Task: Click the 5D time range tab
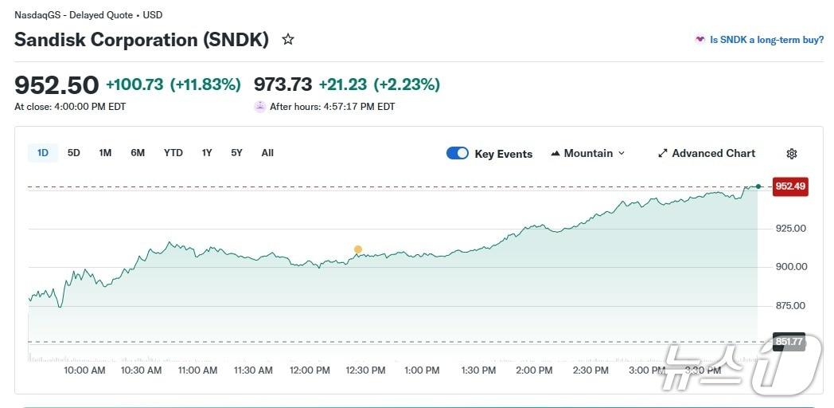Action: click(x=74, y=153)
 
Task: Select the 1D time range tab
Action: click(x=43, y=153)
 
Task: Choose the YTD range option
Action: click(x=173, y=153)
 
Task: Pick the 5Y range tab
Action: click(x=236, y=153)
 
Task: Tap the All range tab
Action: click(x=267, y=153)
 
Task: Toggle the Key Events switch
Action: click(x=458, y=154)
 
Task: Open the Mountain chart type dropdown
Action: click(x=588, y=154)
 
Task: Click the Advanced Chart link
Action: click(x=706, y=154)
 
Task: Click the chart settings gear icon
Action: click(x=791, y=154)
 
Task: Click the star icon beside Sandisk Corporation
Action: click(x=288, y=39)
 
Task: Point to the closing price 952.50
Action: click(x=57, y=84)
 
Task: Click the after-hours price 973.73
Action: click(x=283, y=84)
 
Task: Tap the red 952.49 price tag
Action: click(x=790, y=186)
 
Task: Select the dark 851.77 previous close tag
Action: click(x=789, y=342)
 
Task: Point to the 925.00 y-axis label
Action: click(x=790, y=229)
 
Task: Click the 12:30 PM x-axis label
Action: click(x=365, y=371)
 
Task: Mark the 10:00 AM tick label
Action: click(x=84, y=371)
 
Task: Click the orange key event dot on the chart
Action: click(x=358, y=249)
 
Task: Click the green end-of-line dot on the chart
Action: click(x=758, y=186)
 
